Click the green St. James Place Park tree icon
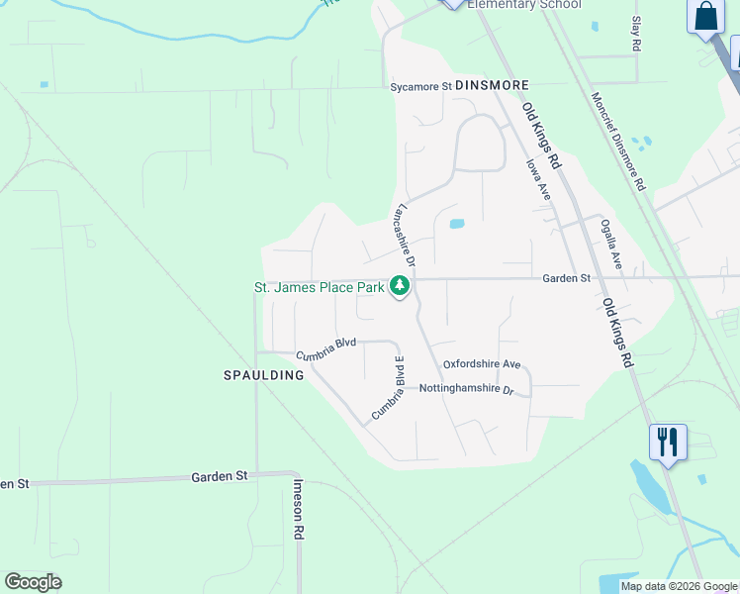400,286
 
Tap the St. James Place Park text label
320,288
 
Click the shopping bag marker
705,17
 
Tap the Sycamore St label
419,86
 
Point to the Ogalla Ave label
611,246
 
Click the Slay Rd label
636,37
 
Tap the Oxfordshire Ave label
481,364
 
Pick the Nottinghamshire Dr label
467,389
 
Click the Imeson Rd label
298,509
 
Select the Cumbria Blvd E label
388,387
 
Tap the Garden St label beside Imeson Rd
219,476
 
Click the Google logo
34,582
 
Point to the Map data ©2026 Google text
678,586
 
